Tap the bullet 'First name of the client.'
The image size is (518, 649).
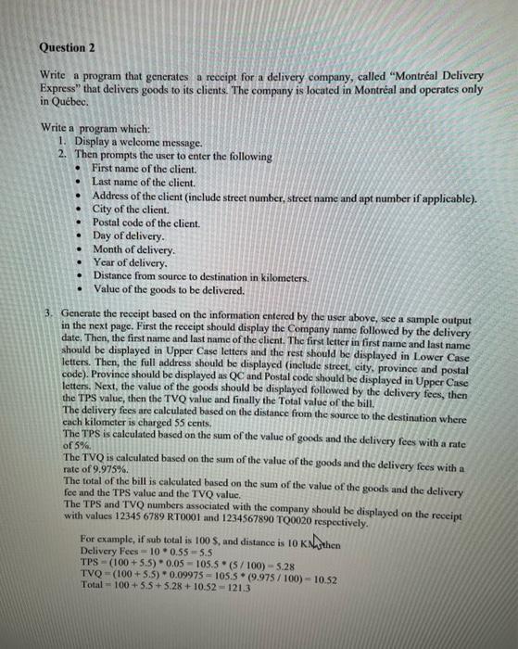pos(144,170)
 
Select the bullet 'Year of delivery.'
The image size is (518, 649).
pos(132,263)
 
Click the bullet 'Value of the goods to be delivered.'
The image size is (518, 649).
pos(168,290)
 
